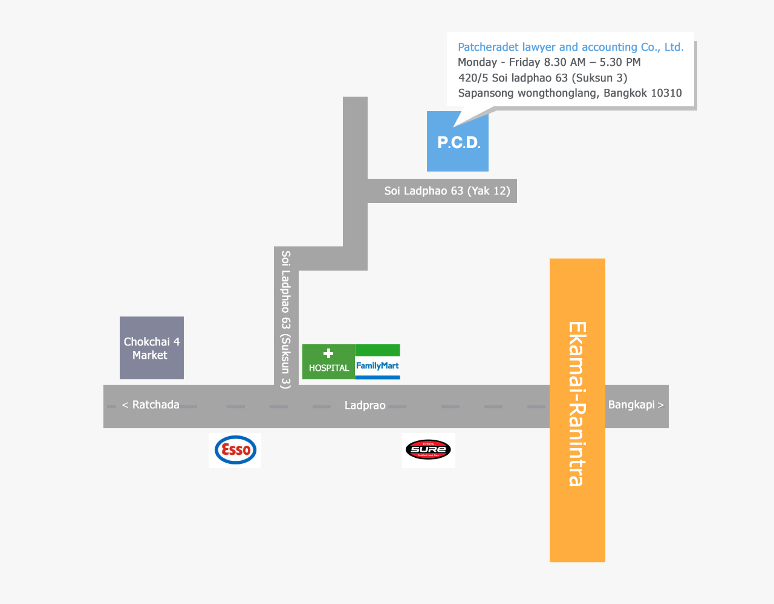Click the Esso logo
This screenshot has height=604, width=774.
pos(235,450)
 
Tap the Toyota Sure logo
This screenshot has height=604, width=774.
pos(428,449)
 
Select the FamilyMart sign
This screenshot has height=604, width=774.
pos(377,362)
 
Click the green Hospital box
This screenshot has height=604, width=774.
pos(328,362)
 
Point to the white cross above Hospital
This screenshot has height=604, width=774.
pos(328,353)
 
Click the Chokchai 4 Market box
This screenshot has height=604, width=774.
pos(152,348)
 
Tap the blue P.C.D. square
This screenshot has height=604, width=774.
pos(458,141)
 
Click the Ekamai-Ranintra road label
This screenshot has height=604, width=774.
pos(577,403)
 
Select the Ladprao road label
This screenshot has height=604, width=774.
pos(365,405)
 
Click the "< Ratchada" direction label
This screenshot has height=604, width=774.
pos(151,405)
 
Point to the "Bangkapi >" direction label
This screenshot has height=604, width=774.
pos(636,405)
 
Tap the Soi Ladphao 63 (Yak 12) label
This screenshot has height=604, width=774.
pos(447,191)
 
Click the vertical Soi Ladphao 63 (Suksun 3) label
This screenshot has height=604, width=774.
pos(286,320)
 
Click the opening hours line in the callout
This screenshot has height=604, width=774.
pos(549,62)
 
